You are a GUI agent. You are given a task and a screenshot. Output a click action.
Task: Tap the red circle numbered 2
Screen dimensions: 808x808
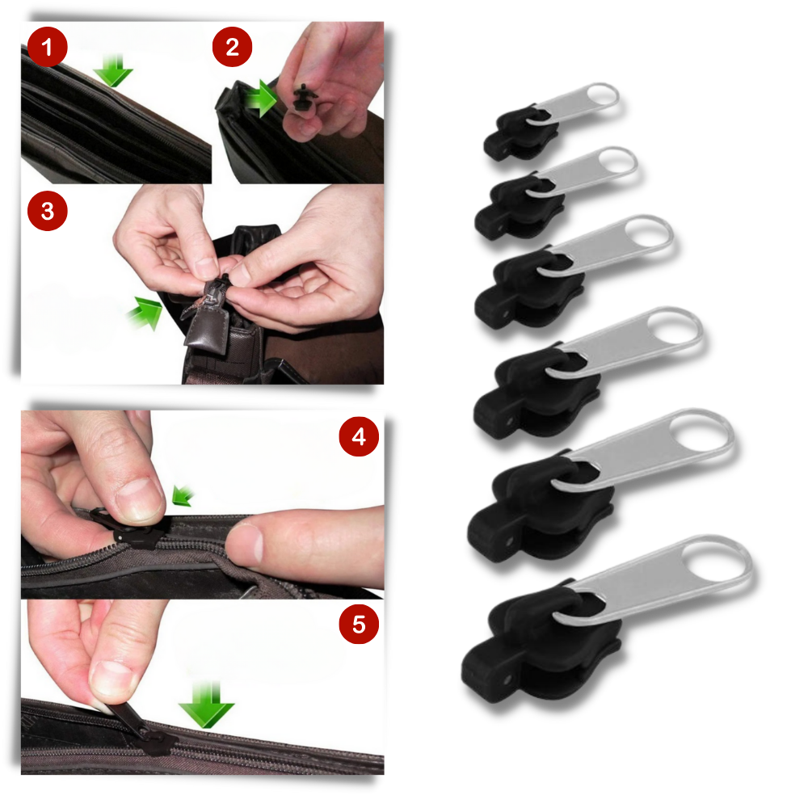[233, 48]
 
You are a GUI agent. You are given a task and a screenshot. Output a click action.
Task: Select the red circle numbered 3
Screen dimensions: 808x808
[48, 213]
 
